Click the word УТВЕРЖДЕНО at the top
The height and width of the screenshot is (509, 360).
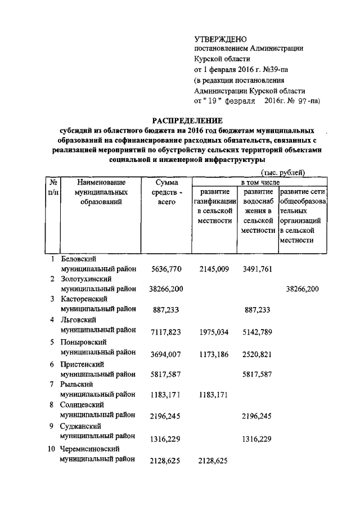(220, 39)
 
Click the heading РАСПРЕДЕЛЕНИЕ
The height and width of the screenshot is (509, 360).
(188, 120)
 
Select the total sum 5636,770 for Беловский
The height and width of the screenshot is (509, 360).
(167, 269)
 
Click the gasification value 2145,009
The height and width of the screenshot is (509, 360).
(214, 269)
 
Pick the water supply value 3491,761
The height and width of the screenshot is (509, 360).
(258, 269)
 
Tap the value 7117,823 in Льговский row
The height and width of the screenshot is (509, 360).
(167, 332)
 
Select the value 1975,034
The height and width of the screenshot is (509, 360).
(214, 332)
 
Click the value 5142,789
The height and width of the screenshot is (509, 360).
(258, 332)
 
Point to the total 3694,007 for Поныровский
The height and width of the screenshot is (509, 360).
(167, 353)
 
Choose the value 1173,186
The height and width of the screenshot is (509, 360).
(214, 353)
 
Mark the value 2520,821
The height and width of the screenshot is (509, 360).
(258, 353)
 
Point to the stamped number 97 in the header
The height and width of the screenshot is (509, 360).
(303, 101)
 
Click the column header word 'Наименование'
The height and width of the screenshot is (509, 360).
(101, 182)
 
